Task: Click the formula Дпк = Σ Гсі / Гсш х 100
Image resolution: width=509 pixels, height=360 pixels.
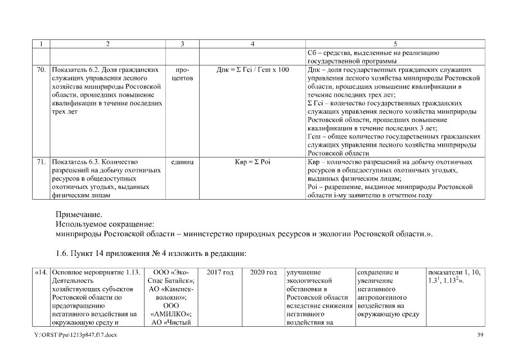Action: coord(253,70)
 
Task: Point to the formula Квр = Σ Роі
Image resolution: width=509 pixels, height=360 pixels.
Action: coord(253,162)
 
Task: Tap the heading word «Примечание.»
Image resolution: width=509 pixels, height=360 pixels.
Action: coord(79,214)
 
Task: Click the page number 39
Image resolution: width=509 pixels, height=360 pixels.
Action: coord(480,335)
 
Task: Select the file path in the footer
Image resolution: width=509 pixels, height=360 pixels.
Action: coord(75,335)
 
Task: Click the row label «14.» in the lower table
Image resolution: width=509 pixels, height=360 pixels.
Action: coord(40,272)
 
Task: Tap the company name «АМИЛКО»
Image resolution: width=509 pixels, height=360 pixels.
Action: coord(171,314)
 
